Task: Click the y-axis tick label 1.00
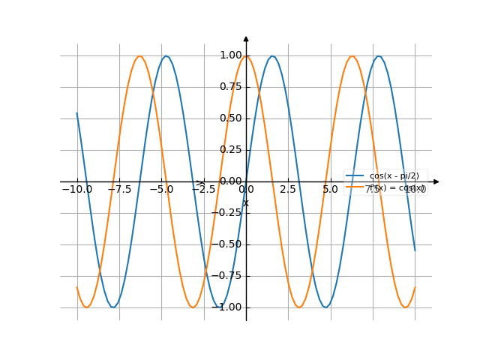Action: point(230,55)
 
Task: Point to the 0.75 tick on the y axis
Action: point(230,86)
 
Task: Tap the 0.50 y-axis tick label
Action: point(230,118)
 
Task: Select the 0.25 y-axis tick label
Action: point(230,149)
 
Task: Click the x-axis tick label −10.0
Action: point(76,190)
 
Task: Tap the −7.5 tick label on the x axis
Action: point(118,190)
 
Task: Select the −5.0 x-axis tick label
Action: point(160,190)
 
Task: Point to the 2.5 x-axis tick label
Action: point(288,190)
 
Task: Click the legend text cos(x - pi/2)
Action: point(394,175)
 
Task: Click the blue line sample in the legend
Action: point(355,175)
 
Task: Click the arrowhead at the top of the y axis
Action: point(246,38)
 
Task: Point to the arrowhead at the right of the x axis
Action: point(436,181)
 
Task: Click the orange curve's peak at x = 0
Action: point(246,56)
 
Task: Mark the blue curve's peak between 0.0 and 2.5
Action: point(272,56)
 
